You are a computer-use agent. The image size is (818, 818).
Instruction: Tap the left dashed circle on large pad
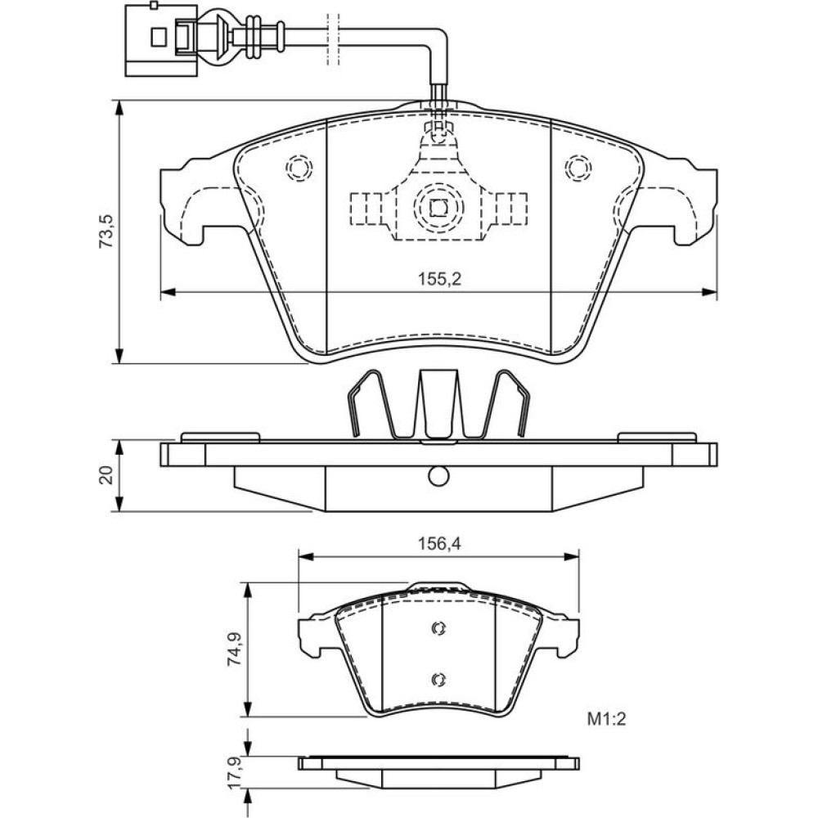point(299,169)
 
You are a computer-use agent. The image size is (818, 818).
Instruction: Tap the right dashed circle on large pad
point(578,169)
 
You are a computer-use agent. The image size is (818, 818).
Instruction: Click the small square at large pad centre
point(438,207)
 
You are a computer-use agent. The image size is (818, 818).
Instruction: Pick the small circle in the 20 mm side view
point(438,474)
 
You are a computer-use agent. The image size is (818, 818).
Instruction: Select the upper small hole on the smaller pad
point(438,628)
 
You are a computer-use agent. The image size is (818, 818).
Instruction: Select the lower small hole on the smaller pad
point(438,678)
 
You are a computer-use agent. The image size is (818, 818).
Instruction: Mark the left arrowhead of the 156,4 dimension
point(303,556)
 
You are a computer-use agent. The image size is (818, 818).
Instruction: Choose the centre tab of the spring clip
point(438,405)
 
